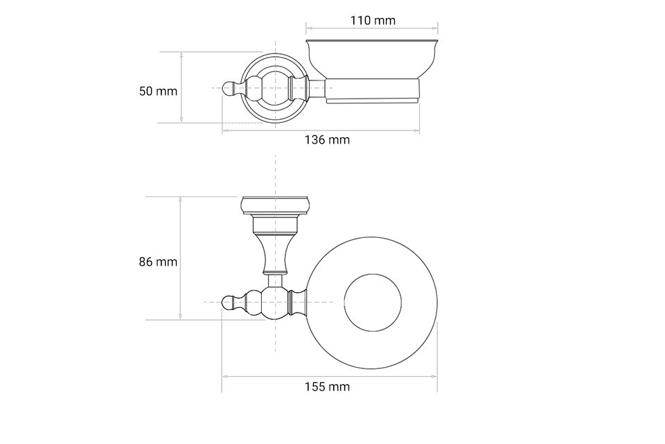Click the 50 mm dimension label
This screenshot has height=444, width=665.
point(158,91)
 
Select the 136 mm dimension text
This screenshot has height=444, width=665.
point(328,139)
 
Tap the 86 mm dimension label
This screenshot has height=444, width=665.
point(158,262)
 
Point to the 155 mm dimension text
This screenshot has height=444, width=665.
point(328,386)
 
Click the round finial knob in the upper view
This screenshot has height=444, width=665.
point(229,88)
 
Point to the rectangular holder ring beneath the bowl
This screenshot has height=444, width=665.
point(372,91)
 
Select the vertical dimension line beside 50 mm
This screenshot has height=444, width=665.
point(181,87)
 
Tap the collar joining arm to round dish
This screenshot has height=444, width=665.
point(299,302)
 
